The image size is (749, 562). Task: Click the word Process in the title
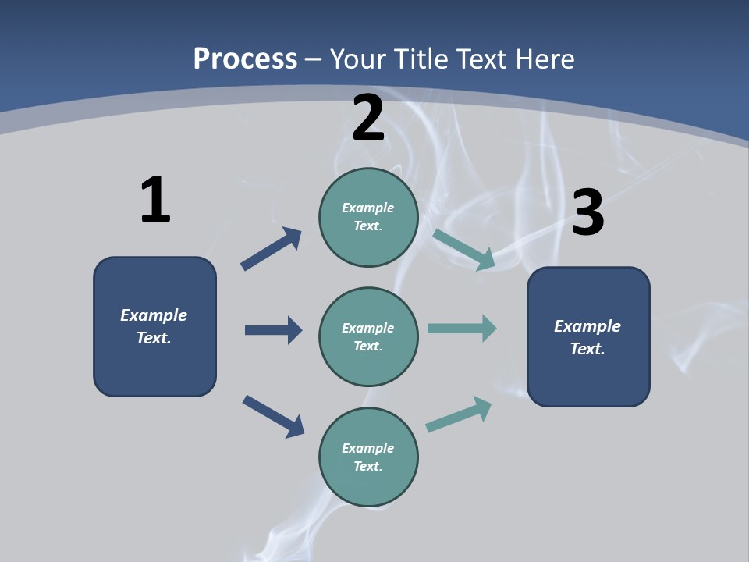[245, 59]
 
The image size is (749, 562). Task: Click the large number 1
[155, 200]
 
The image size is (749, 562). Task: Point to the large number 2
[368, 119]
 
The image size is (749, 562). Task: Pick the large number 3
[587, 212]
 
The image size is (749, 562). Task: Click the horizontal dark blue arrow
[273, 330]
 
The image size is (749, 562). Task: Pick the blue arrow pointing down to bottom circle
[273, 416]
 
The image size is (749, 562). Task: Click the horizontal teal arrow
[462, 328]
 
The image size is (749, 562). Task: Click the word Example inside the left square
[154, 315]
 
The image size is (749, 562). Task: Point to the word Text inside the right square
[587, 349]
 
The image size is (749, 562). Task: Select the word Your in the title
[357, 59]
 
